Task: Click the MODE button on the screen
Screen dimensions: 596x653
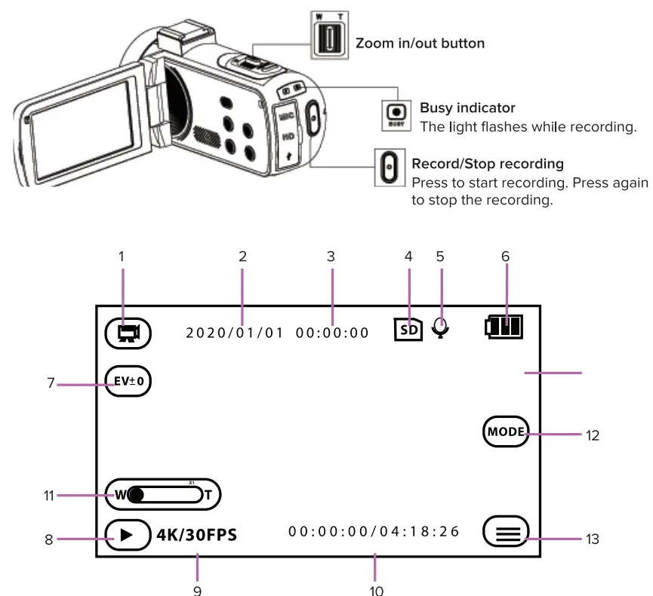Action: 506,432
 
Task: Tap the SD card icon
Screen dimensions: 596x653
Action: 408,330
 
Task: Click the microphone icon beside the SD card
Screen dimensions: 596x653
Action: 441,328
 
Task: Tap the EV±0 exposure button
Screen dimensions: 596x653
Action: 129,382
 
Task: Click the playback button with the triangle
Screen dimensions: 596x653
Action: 128,535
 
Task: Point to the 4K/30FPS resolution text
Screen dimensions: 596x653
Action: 196,535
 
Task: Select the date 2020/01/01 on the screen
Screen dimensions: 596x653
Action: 235,332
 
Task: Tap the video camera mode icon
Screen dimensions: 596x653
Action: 129,332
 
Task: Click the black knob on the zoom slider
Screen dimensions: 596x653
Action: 136,495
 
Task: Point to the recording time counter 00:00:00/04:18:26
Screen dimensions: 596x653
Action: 374,531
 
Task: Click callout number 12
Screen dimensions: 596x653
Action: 593,435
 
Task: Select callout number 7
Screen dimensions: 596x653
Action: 51,383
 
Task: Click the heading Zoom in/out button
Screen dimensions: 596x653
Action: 420,43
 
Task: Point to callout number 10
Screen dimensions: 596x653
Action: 376,588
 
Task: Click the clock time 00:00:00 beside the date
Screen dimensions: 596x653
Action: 332,332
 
